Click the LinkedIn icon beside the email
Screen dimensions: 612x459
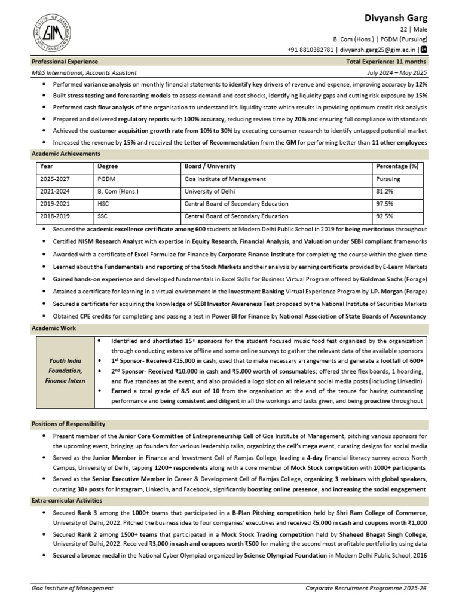[x=424, y=50]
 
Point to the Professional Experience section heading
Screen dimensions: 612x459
[x=65, y=62]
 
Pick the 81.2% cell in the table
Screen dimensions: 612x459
[x=384, y=191]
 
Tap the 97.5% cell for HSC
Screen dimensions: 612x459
[x=384, y=204]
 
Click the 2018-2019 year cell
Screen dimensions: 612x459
[x=55, y=216]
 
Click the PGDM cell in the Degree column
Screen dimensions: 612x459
[x=105, y=179]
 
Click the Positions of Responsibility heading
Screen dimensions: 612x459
[x=68, y=424]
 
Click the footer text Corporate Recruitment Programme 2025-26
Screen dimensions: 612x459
[x=366, y=589]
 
